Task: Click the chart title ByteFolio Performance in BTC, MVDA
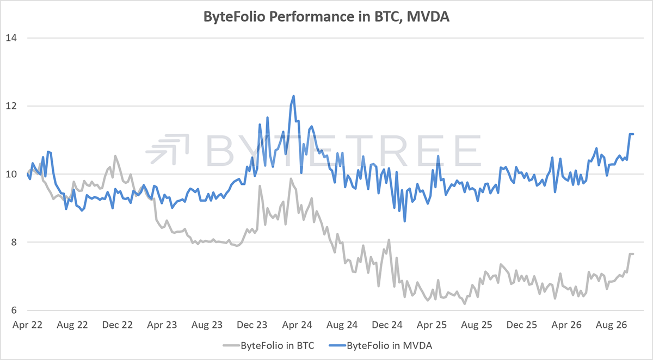(326, 17)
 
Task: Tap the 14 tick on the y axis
(11, 38)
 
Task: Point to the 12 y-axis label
(11, 106)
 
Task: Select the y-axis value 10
(11, 174)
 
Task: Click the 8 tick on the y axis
(14, 242)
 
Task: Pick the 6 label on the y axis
(14, 310)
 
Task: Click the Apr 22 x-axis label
(27, 325)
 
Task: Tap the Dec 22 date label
(118, 325)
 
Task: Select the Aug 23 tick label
(207, 325)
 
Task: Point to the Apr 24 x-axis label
(297, 325)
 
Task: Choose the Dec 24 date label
(387, 325)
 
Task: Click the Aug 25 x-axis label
(477, 325)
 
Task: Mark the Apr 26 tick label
(566, 325)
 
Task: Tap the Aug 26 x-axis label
(611, 325)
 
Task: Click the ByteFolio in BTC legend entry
(269, 345)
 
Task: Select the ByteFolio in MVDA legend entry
(380, 345)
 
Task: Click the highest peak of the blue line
(293, 96)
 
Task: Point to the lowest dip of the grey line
(465, 304)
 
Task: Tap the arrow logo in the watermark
(168, 149)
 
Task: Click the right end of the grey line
(633, 254)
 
